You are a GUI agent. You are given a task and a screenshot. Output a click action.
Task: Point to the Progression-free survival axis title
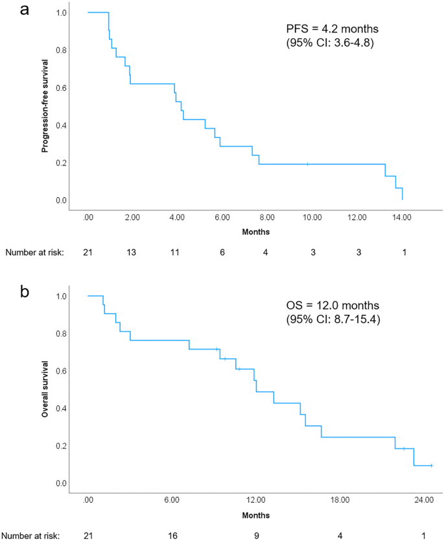coord(45,106)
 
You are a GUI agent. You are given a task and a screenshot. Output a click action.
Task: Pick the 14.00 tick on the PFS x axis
coord(402,218)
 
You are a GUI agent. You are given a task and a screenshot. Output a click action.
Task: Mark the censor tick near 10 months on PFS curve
coord(307,164)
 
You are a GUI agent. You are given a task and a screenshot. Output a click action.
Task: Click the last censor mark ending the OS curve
coord(431,466)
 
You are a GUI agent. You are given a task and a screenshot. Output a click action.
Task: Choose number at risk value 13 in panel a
coord(133,252)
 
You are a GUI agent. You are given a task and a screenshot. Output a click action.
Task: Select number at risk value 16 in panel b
coord(172,535)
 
